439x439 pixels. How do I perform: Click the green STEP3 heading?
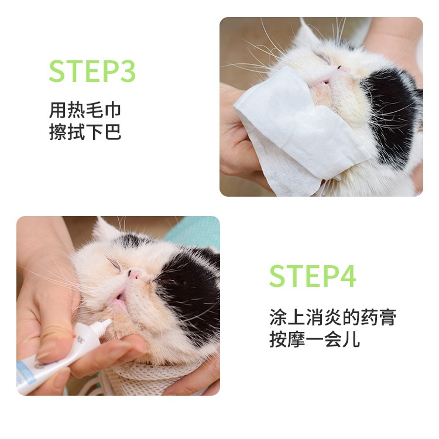click(92, 71)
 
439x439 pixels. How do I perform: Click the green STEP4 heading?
click(313, 276)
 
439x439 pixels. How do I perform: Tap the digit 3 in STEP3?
click(128, 71)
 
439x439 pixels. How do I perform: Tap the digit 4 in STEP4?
click(348, 276)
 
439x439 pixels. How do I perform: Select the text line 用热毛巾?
click(85, 110)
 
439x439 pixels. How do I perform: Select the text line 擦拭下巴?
click(85, 132)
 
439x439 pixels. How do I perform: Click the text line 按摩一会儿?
click(314, 339)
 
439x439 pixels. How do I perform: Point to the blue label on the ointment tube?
click(26, 371)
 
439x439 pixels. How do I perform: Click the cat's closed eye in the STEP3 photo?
click(324, 58)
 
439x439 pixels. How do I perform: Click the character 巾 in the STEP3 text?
click(113, 110)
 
